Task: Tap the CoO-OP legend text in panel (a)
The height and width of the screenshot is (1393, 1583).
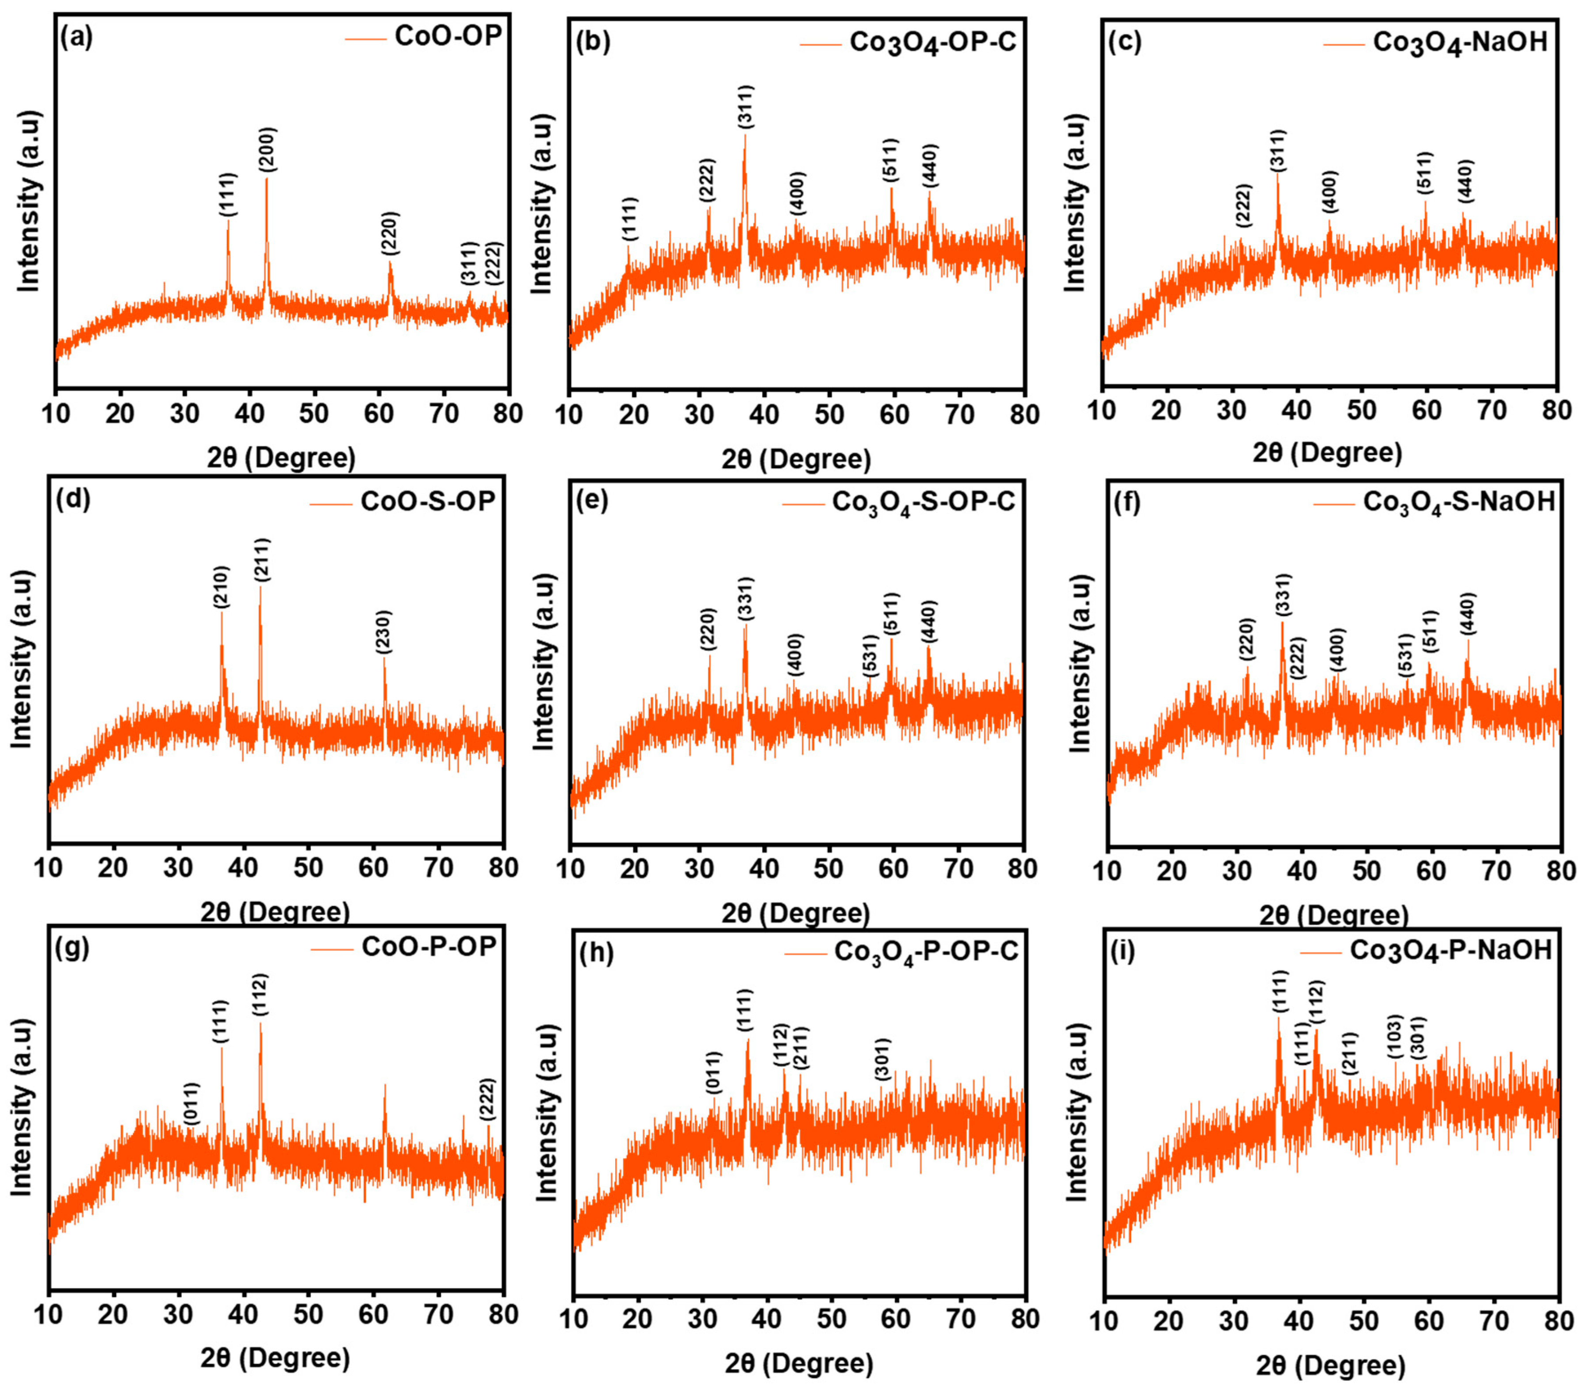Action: pos(448,36)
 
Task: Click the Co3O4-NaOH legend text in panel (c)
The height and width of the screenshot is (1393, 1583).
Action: pos(1460,42)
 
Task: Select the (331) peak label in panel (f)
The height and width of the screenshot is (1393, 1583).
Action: pos(1283,596)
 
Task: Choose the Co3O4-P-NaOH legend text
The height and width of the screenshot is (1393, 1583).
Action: pos(1451,950)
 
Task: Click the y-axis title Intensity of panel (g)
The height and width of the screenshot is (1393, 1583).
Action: pos(22,1107)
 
